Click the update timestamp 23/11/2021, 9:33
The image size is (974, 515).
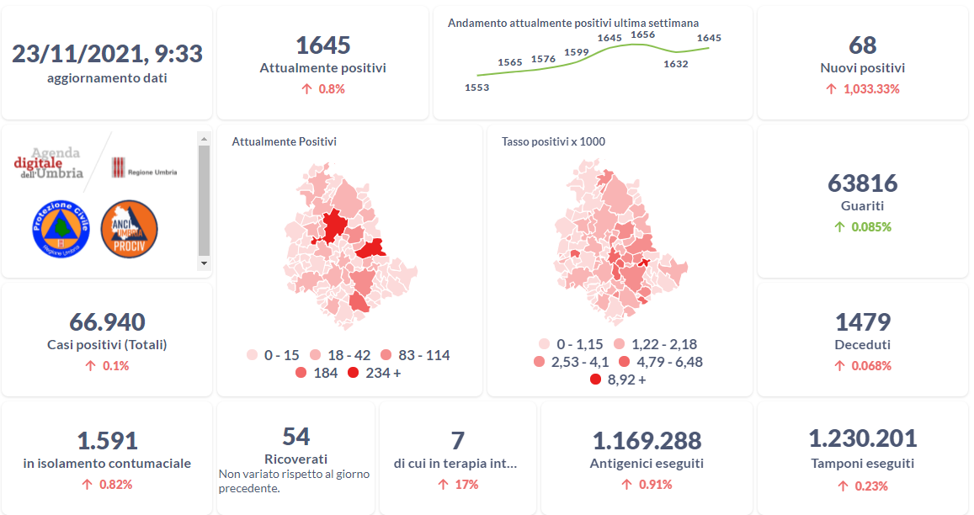(x=107, y=54)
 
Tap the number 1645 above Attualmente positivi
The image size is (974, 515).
(x=322, y=45)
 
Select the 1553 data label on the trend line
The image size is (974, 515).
(x=476, y=88)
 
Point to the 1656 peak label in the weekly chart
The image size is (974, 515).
(x=642, y=35)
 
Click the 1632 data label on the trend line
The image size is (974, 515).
(x=675, y=64)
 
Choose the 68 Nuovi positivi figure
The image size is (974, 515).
(x=863, y=45)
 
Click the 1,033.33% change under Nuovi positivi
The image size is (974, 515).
(x=870, y=88)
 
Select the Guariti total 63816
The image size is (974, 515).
(x=863, y=183)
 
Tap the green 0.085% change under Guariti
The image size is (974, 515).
(x=870, y=226)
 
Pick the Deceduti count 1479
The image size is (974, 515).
(x=863, y=322)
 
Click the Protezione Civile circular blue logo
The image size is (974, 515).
(x=61, y=228)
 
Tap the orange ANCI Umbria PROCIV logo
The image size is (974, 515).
(x=129, y=228)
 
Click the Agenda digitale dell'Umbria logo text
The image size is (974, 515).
(x=49, y=163)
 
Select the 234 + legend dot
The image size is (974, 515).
(x=354, y=373)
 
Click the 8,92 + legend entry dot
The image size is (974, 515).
(x=596, y=380)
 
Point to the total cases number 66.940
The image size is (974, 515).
(x=107, y=322)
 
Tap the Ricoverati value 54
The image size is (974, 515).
(x=296, y=436)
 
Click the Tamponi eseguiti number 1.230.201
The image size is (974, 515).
(x=863, y=438)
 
